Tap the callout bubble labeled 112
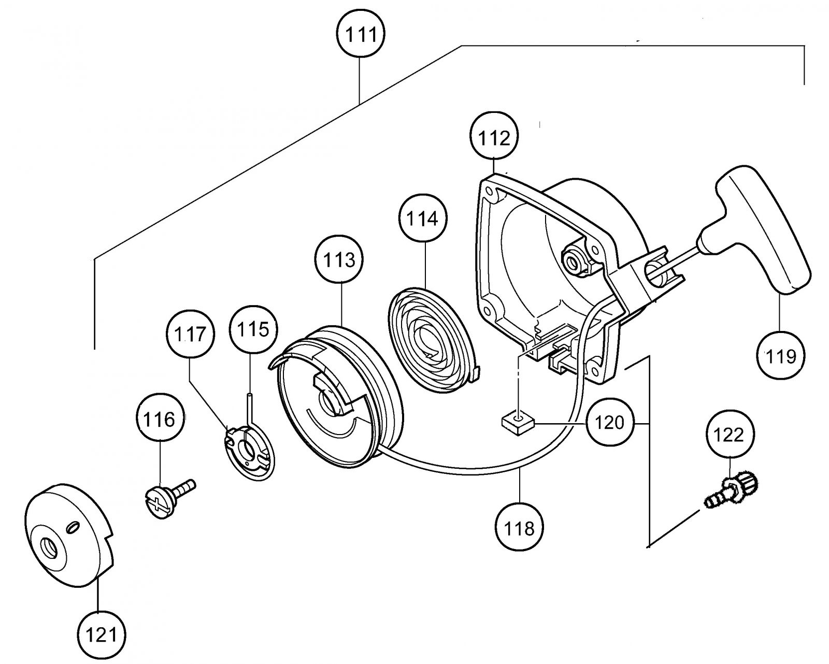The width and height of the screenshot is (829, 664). [494, 136]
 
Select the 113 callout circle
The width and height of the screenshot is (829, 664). [339, 259]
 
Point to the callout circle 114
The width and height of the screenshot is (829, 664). [423, 218]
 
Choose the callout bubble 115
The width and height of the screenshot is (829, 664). [253, 328]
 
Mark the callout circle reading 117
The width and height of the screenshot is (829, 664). [190, 334]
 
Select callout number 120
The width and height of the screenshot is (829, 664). [609, 422]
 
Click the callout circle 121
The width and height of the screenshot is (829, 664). [102, 634]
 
